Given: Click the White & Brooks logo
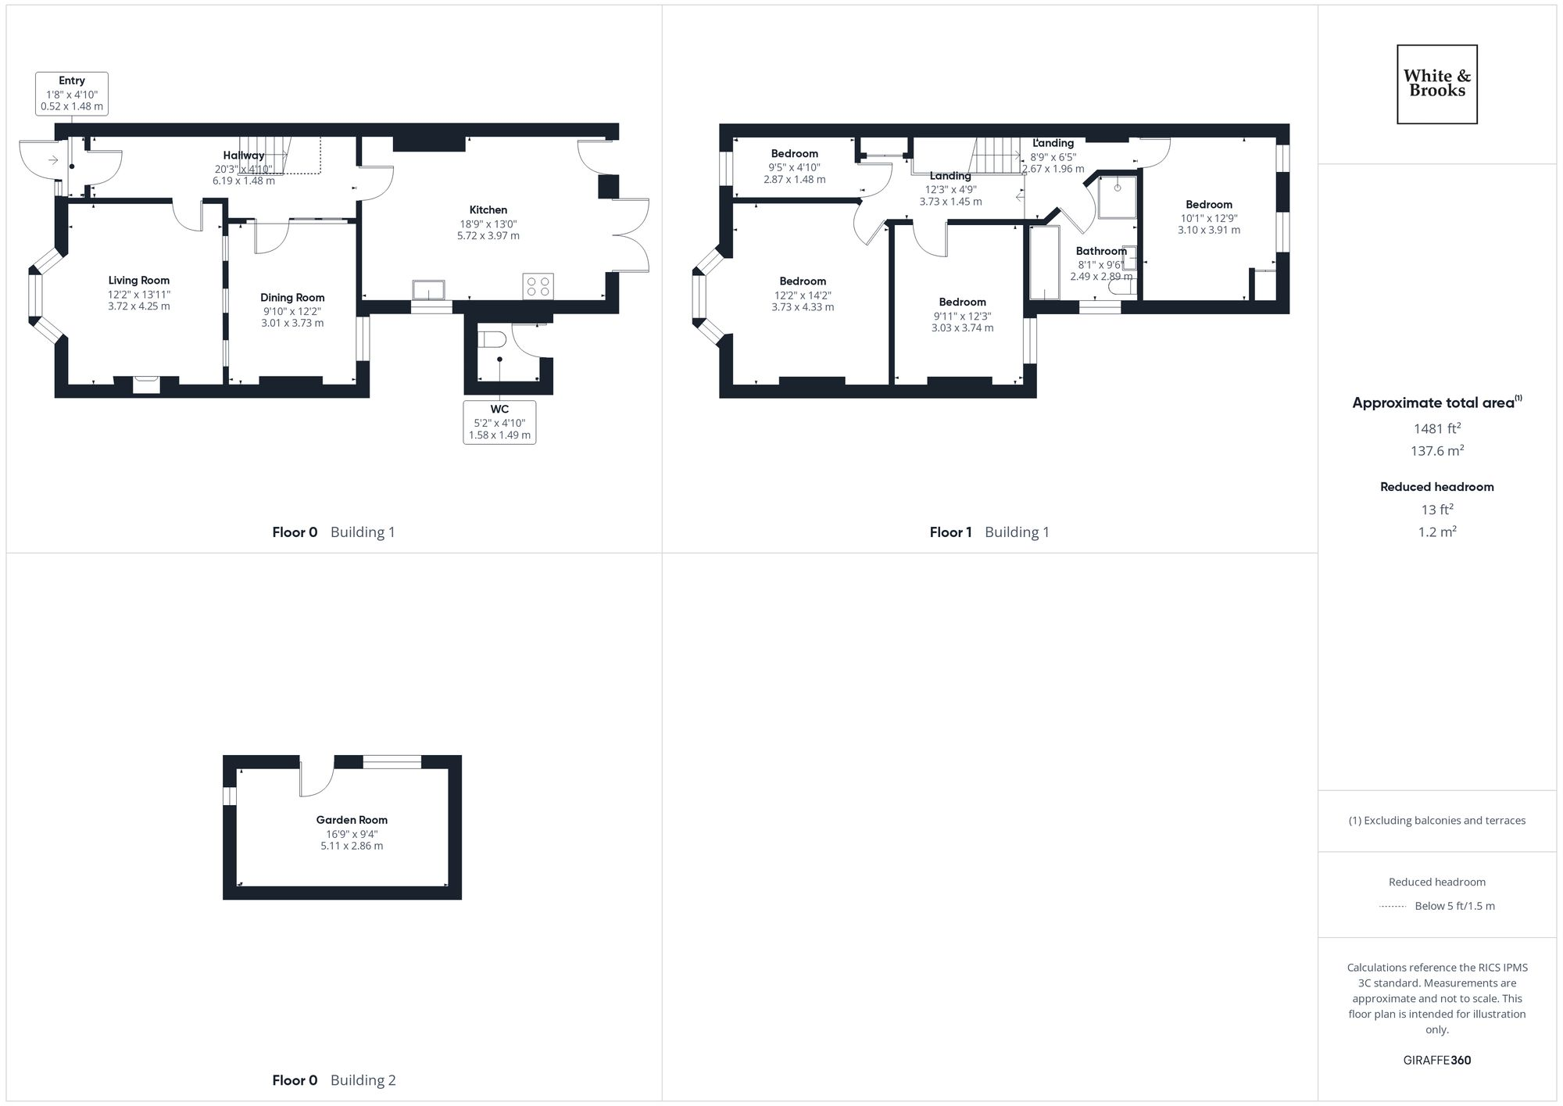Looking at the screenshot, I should click(x=1436, y=84).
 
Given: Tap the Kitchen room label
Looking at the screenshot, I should click(x=488, y=209).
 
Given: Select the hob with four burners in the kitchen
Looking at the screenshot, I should click(x=537, y=285).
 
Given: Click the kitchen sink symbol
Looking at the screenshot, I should click(x=428, y=290).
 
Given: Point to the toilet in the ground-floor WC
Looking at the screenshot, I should click(x=492, y=340).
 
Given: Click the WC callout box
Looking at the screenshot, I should click(x=499, y=422).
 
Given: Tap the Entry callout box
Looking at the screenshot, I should click(x=72, y=94).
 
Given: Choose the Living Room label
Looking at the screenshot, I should click(x=138, y=280).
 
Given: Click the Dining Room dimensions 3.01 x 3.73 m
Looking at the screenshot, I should click(x=291, y=323).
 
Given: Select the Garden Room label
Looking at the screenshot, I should click(x=352, y=820).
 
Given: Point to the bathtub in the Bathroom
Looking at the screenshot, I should click(x=1043, y=263).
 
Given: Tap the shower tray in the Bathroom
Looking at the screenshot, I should click(x=1117, y=196).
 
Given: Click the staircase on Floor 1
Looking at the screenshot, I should click(x=996, y=155).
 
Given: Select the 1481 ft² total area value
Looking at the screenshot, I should click(x=1436, y=428).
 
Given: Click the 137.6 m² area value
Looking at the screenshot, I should click(x=1436, y=450).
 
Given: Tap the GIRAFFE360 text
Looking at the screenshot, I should click(x=1436, y=1061).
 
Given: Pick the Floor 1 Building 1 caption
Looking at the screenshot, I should click(x=989, y=532).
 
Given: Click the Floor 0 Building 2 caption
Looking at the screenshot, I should click(x=334, y=1080).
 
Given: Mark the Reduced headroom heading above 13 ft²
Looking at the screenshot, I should click(x=1436, y=487).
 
